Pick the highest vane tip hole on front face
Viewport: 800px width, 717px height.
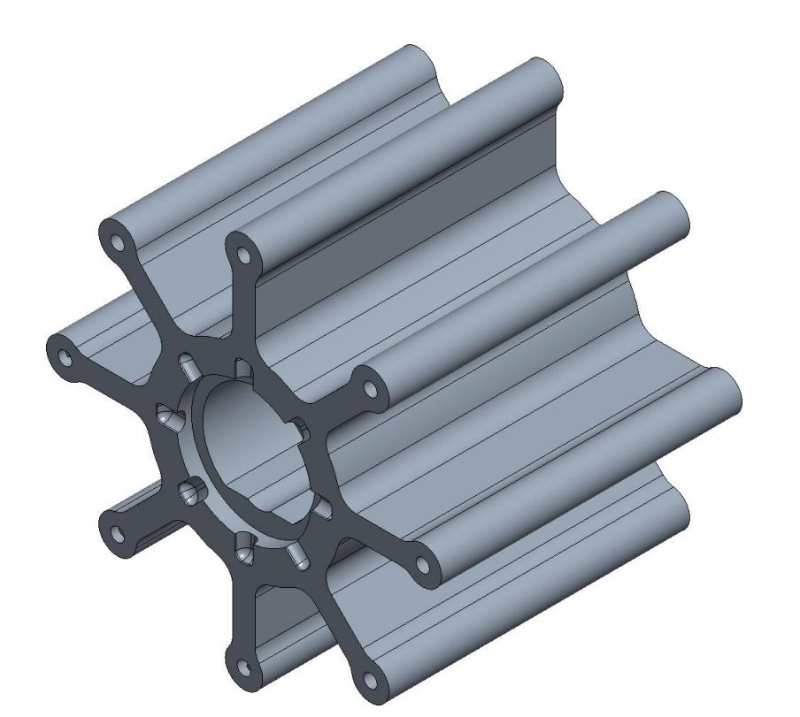point(117,241)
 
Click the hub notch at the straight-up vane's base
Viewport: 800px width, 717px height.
point(241,366)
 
